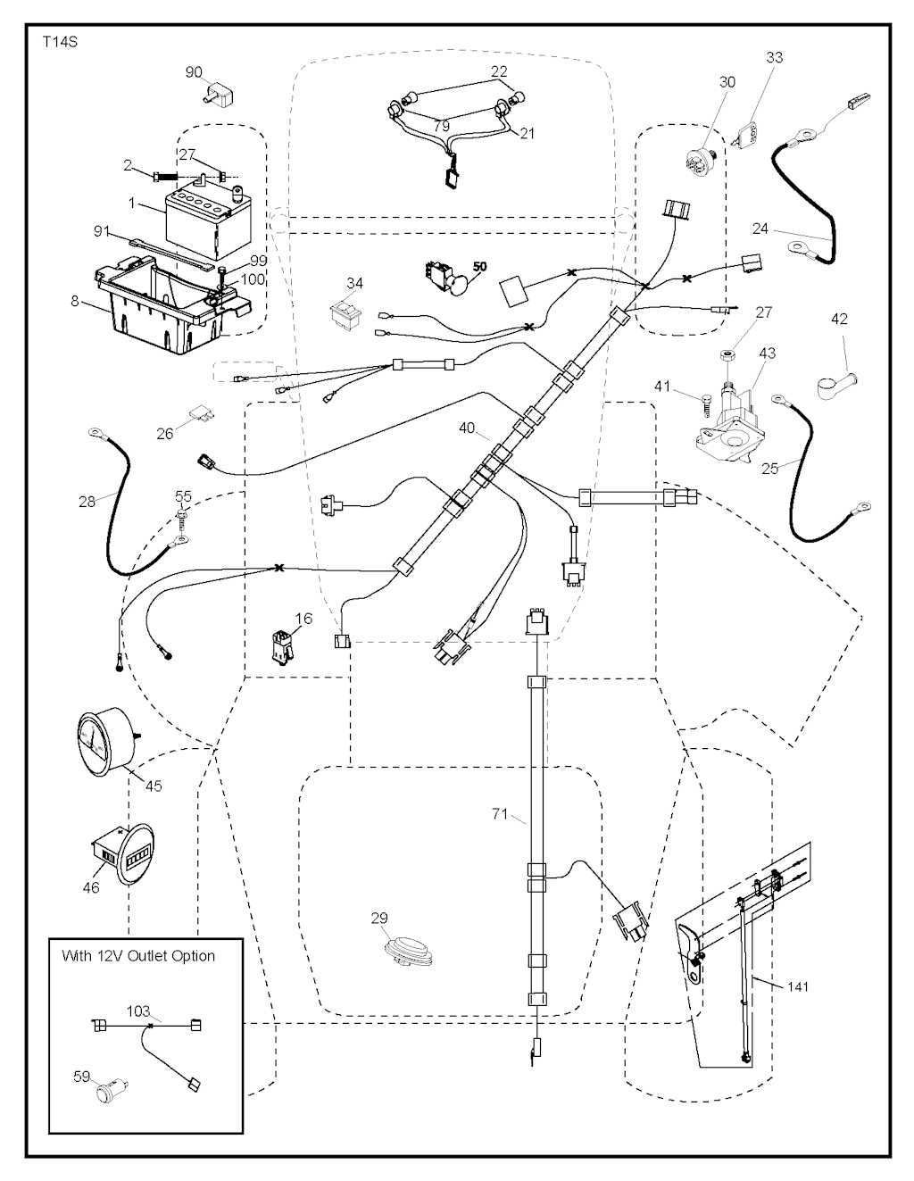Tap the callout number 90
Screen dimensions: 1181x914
point(194,72)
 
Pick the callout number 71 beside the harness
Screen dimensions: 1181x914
point(500,813)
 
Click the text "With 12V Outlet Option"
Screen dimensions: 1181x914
point(138,955)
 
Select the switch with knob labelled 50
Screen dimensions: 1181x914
point(446,277)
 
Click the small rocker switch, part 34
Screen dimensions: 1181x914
point(344,314)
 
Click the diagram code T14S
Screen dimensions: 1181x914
point(59,41)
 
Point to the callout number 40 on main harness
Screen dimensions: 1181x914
point(467,428)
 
